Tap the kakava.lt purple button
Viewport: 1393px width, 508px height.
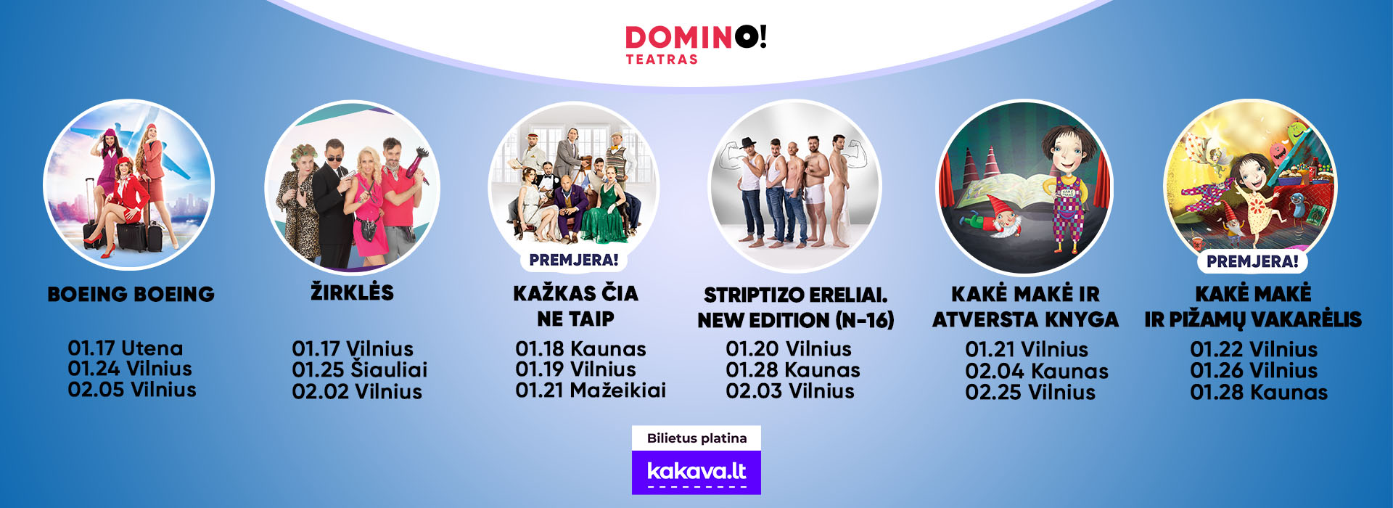click(696, 472)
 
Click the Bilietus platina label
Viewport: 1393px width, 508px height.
click(696, 438)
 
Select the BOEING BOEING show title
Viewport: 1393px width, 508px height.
click(131, 294)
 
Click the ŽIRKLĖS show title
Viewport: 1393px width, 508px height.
click(352, 292)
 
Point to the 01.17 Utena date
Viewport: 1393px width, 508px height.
click(126, 348)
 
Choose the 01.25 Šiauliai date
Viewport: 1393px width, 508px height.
click(360, 369)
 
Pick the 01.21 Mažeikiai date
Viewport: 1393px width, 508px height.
click(591, 390)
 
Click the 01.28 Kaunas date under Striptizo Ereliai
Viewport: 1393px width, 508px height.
click(793, 370)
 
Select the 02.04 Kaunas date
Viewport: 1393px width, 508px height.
click(1037, 371)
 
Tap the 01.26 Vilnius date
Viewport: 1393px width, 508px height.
click(1254, 371)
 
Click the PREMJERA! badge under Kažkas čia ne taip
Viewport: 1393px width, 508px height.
click(574, 260)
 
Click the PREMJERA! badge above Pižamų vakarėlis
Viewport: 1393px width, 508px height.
click(1252, 262)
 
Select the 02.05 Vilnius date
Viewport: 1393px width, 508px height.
click(132, 390)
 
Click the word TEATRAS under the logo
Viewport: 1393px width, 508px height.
click(662, 60)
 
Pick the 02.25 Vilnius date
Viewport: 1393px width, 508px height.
click(1030, 392)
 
